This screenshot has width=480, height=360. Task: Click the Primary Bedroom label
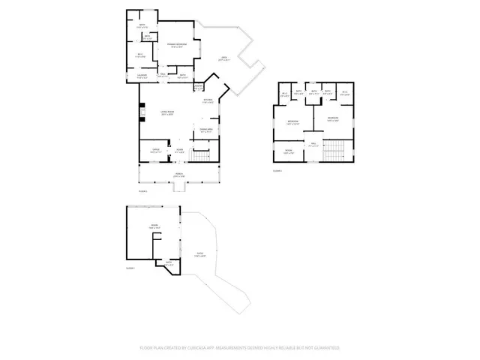tap(176, 46)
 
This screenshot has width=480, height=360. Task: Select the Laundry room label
tap(141, 75)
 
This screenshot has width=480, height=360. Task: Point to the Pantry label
tap(199, 87)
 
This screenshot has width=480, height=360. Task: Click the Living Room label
tap(166, 114)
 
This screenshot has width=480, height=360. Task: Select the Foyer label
tap(180, 151)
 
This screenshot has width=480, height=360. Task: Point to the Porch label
tap(180, 175)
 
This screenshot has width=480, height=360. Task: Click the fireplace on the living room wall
tap(141, 115)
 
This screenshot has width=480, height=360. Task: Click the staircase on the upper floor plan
tap(334, 150)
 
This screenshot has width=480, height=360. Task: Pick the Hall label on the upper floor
tap(315, 145)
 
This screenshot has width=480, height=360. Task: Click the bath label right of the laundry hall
tap(182, 75)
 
